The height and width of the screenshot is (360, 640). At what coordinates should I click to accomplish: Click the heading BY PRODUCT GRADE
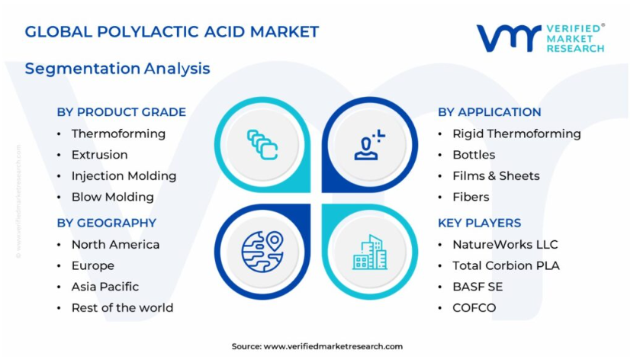coord(121,112)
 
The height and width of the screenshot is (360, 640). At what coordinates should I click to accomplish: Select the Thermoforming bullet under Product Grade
coord(118,134)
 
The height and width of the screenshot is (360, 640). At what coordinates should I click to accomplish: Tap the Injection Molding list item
coord(124,176)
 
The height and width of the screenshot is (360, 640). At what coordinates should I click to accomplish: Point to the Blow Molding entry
coord(113,197)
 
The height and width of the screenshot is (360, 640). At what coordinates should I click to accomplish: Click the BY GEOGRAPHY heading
coord(107,223)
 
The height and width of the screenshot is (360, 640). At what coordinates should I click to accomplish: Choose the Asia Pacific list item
coord(105,287)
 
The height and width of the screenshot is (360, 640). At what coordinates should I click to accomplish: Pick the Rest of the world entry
coord(122,308)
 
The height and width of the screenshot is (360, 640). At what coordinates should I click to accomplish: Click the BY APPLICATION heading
coord(490,112)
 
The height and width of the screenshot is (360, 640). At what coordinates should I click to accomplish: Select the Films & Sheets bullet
coord(496,176)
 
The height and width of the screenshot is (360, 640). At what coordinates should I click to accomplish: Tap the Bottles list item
coord(474,155)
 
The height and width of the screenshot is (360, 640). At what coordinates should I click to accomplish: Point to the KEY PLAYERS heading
coord(479,223)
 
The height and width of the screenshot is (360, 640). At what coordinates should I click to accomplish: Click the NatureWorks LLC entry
coord(505,245)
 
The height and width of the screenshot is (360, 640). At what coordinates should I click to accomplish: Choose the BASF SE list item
coord(478,287)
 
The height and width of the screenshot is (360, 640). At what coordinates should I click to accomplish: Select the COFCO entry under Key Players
coord(474,308)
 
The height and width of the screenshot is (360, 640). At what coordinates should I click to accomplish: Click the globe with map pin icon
coord(262,252)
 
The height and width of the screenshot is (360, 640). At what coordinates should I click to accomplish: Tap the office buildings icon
coord(370,252)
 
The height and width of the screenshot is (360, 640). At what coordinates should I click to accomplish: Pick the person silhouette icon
coord(369,144)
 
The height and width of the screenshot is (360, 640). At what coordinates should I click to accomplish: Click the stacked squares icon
coord(262,145)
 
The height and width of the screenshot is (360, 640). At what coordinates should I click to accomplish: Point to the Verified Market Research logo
coord(540,38)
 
